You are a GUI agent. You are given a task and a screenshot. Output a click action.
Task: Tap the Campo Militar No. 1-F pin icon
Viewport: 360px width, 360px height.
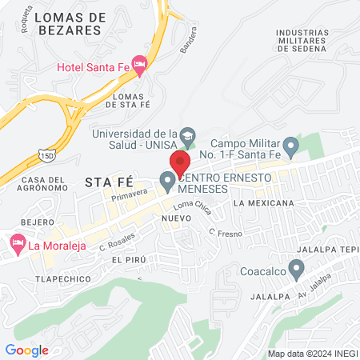point(291,146)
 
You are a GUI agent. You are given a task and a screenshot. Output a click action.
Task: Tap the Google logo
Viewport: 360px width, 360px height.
point(26,350)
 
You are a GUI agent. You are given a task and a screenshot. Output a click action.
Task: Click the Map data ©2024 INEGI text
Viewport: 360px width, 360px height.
point(312,353)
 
